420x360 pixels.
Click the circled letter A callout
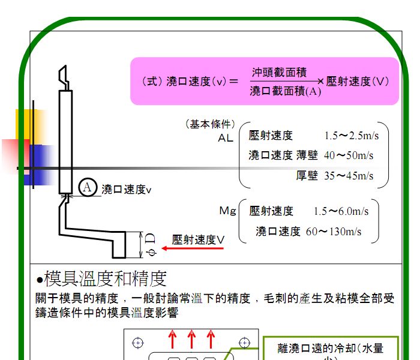[x=88, y=187]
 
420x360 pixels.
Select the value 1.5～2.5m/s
[x=352, y=136]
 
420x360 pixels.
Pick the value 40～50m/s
[x=349, y=155]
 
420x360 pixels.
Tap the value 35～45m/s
[x=349, y=176]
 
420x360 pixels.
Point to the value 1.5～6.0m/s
[x=341, y=211]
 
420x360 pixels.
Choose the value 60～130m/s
[x=334, y=232]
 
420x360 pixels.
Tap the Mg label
[x=227, y=211]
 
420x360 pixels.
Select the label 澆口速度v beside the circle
[x=127, y=190]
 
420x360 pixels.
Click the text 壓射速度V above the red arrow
[x=198, y=239]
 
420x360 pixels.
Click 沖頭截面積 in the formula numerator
[x=279, y=72]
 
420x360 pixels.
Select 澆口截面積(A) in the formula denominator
[x=285, y=91]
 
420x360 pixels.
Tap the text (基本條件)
[x=210, y=124]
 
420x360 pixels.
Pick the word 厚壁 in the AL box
[x=307, y=176]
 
